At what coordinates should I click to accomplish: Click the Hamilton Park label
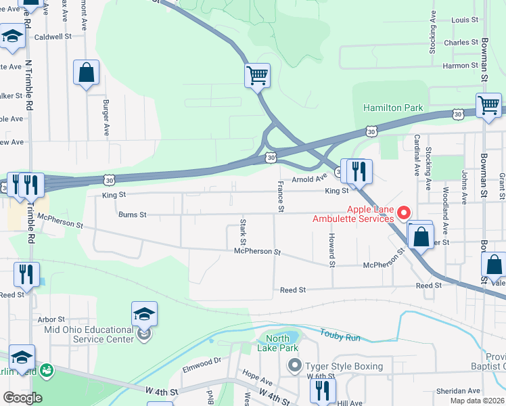pyautogui.click(x=393, y=108)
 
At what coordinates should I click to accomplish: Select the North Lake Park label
pyautogui.click(x=277, y=343)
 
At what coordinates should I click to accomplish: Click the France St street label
pyautogui.click(x=279, y=196)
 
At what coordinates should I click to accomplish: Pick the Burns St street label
pyautogui.click(x=133, y=215)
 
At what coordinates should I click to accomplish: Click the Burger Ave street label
pyautogui.click(x=106, y=118)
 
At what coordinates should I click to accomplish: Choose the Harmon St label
pyautogui.click(x=460, y=66)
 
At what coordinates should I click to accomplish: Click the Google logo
pyautogui.click(x=22, y=398)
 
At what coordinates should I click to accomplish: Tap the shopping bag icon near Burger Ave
pyautogui.click(x=86, y=74)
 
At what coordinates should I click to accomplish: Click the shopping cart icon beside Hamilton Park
pyautogui.click(x=488, y=106)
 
